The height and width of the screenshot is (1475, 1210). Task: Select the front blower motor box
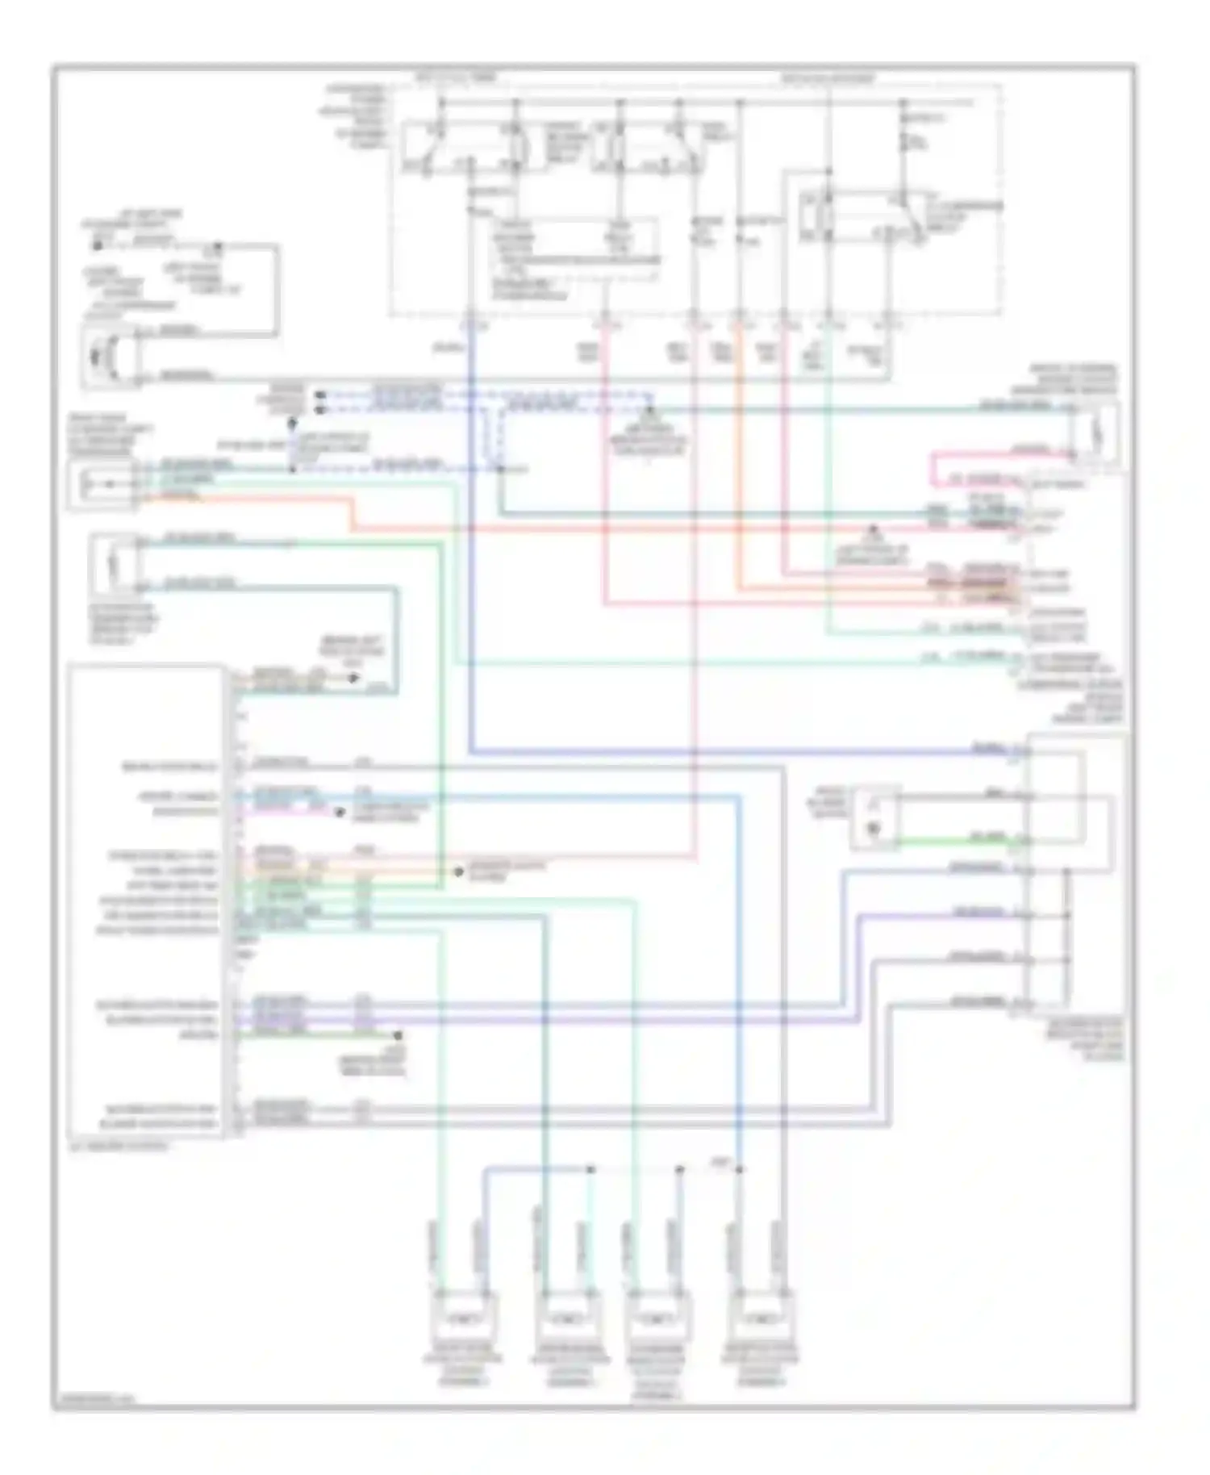(875, 817)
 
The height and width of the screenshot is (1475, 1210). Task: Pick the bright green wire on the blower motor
(952, 842)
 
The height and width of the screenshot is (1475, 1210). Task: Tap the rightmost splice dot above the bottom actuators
(740, 1169)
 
